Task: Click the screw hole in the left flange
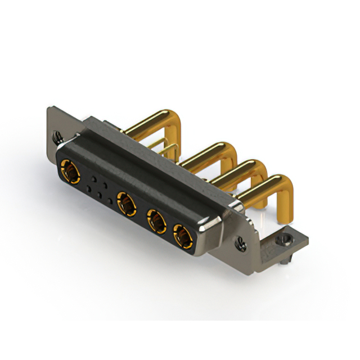tap(57, 137)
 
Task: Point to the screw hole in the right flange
tap(241, 244)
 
